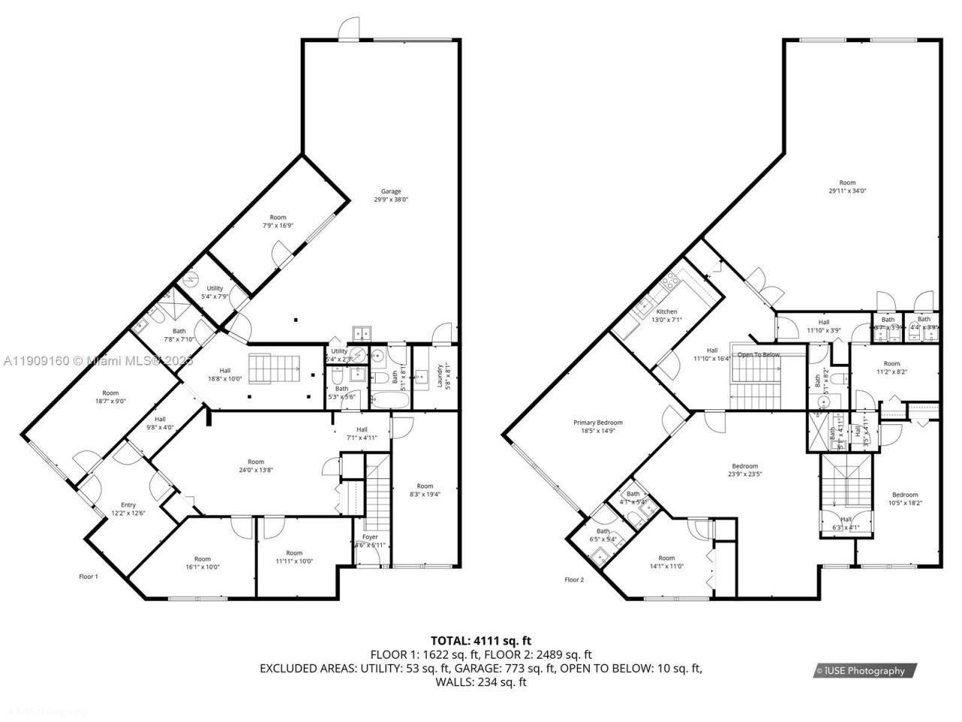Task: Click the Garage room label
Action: click(x=390, y=191)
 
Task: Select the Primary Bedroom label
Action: click(x=597, y=423)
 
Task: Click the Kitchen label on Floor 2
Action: click(x=667, y=311)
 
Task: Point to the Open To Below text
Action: click(x=758, y=354)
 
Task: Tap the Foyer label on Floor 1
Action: click(x=371, y=537)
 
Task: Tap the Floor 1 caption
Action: click(x=89, y=576)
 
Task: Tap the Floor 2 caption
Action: click(x=574, y=579)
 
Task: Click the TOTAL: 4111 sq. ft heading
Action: click(x=481, y=641)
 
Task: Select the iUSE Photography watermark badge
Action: click(x=861, y=671)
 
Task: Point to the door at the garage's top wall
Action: click(x=349, y=29)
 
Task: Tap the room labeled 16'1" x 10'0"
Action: click(x=202, y=563)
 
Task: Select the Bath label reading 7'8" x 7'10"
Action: click(x=179, y=335)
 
